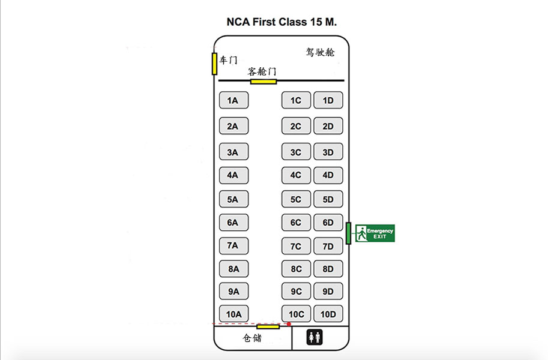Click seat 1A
(234, 100)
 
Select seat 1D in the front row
(328, 100)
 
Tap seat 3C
(296, 152)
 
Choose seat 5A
(234, 199)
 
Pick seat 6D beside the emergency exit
(328, 222)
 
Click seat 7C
(296, 246)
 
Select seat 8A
(234, 269)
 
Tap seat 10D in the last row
(328, 314)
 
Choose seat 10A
(234, 314)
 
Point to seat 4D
(328, 175)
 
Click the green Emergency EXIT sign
(375, 233)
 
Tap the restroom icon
(315, 337)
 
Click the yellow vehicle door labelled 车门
(215, 64)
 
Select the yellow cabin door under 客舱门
(263, 82)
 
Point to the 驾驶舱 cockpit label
(320, 52)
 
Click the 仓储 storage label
(252, 338)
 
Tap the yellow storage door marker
(268, 327)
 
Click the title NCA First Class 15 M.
(282, 22)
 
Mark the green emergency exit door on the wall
(349, 233)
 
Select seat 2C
(296, 126)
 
